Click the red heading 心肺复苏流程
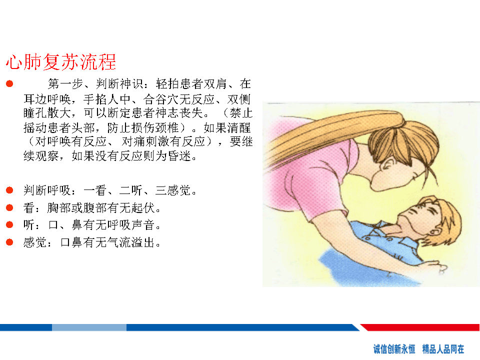pyautogui.click(x=61, y=61)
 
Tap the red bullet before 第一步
pyautogui.click(x=9, y=83)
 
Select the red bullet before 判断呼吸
pyautogui.click(x=9, y=190)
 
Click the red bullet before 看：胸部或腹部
pyautogui.click(x=9, y=208)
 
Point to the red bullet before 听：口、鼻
pyautogui.click(x=9, y=225)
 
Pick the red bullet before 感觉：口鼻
pyautogui.click(x=9, y=242)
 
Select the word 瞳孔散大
pyautogui.click(x=47, y=113)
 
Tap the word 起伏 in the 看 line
pyautogui.click(x=143, y=208)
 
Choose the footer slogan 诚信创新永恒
pyautogui.click(x=394, y=349)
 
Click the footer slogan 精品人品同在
pyautogui.click(x=443, y=349)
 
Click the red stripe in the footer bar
pyautogui.click(x=420, y=327)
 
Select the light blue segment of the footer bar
pyautogui.click(x=89, y=327)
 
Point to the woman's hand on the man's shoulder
pyautogui.click(x=434, y=266)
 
